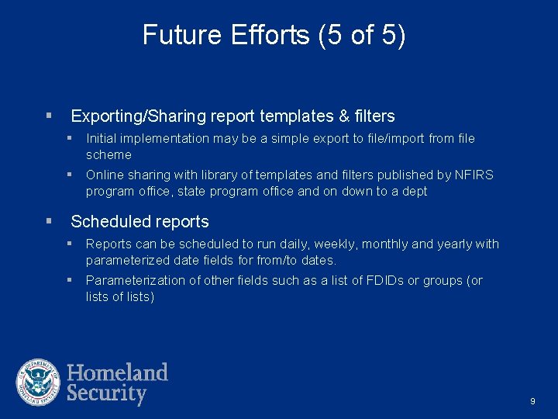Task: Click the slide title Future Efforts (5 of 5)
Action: pyautogui.click(x=274, y=36)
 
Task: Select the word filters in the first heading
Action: pyautogui.click(x=375, y=116)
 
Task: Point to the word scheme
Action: pyautogui.click(x=108, y=154)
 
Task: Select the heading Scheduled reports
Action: pyautogui.click(x=139, y=222)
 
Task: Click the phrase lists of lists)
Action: pyautogui.click(x=120, y=296)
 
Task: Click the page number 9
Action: pyautogui.click(x=532, y=401)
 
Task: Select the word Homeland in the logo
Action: pyautogui.click(x=117, y=372)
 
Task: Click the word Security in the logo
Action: pyautogui.click(x=106, y=393)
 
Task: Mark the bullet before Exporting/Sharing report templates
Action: pyautogui.click(x=49, y=116)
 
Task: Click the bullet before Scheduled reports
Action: pyautogui.click(x=49, y=222)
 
